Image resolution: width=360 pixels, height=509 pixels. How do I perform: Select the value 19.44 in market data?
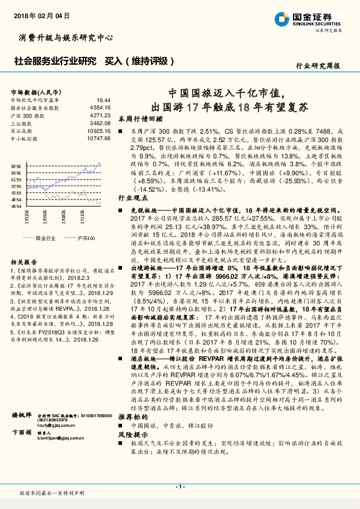103,100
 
